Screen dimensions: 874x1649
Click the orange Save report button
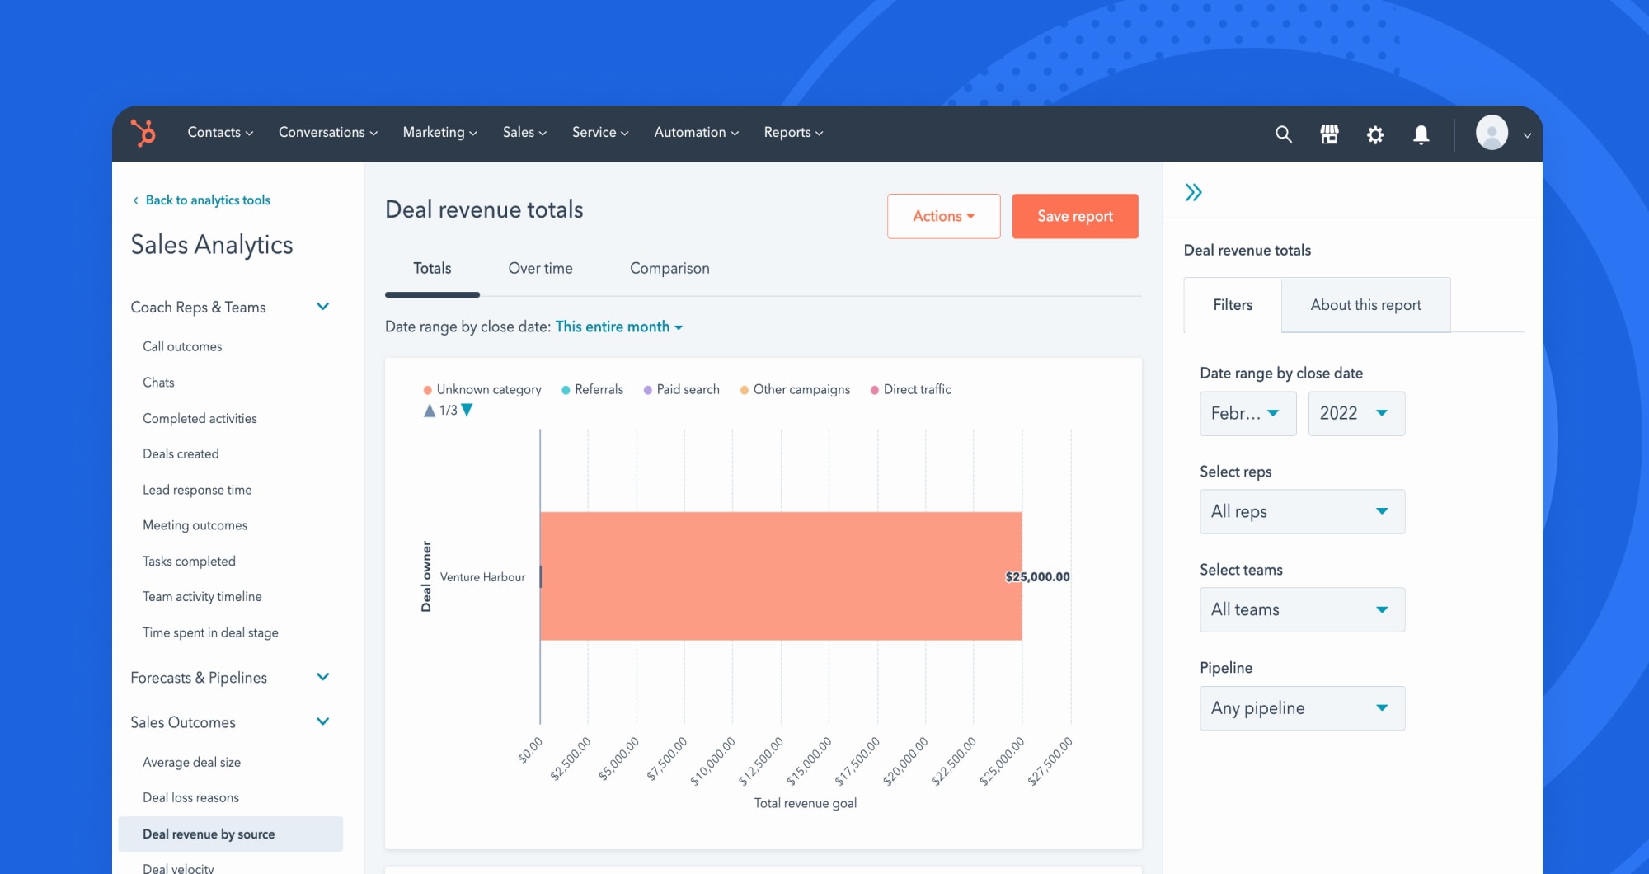tap(1074, 216)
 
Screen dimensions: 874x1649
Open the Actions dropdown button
tap(943, 216)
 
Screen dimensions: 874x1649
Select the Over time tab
tap(540, 269)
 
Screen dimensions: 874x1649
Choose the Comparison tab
tap(669, 269)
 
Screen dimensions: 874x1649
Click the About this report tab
tap(1365, 305)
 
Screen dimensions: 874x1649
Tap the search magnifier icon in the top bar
tap(1283, 134)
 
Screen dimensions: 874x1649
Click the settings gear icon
tap(1375, 134)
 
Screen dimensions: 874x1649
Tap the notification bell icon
tap(1421, 134)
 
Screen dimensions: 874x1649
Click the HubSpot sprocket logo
tap(143, 133)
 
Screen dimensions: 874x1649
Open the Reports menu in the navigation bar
tap(793, 133)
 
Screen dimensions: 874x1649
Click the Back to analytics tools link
tap(207, 200)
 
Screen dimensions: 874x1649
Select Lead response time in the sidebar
tap(197, 490)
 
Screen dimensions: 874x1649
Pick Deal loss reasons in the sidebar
tap(190, 797)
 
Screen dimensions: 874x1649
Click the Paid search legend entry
tap(687, 389)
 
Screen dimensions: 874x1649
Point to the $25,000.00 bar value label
tap(1037, 577)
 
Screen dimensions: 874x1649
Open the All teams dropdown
tap(1302, 609)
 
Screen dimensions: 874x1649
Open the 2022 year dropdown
tap(1355, 413)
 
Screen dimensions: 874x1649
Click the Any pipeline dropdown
tap(1302, 708)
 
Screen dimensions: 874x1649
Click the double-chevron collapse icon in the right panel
tap(1193, 193)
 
